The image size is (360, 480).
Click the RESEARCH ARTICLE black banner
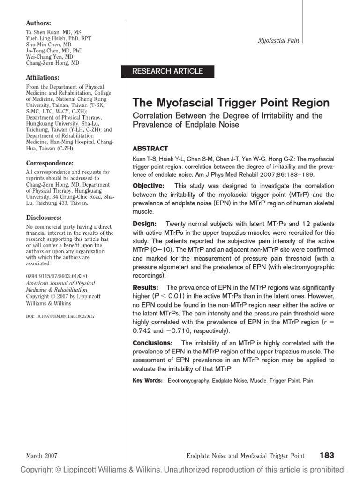168,71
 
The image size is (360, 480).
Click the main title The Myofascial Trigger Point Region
231,103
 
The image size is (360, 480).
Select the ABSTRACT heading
150,148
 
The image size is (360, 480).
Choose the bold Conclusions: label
153,343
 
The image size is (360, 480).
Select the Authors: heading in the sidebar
38,23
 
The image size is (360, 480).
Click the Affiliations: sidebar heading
42,77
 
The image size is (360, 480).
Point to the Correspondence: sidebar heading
49,163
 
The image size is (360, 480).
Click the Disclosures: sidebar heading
43,218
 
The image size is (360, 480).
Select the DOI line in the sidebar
60,316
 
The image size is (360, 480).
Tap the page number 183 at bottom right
327,455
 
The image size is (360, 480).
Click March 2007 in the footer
40,456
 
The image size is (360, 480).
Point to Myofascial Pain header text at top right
278,41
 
